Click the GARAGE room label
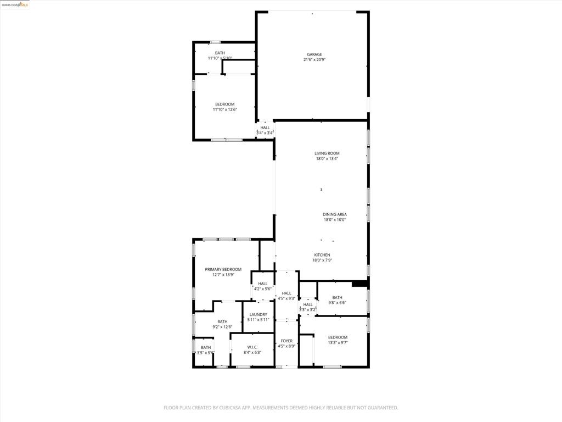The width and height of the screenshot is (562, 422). (x=314, y=54)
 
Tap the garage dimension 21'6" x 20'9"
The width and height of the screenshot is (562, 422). (x=314, y=60)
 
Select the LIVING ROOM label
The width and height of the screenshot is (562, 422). (x=327, y=153)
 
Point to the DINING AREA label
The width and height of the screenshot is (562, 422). (x=334, y=214)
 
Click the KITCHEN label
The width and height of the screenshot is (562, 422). (x=322, y=255)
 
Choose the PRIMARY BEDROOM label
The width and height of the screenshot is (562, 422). (x=223, y=269)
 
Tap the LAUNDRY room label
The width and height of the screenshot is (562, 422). (x=258, y=315)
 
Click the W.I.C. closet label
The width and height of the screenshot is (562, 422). (x=252, y=347)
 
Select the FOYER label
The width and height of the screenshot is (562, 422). (x=286, y=341)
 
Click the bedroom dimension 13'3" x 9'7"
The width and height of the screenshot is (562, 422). (x=338, y=343)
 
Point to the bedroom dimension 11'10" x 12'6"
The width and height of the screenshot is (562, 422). (x=224, y=110)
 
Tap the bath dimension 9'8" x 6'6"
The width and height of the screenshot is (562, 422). (x=337, y=303)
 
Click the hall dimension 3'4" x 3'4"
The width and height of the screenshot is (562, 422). (x=265, y=133)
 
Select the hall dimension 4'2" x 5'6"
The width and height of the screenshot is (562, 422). (x=262, y=289)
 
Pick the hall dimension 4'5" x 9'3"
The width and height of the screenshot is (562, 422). (x=286, y=298)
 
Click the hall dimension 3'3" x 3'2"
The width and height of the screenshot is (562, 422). (x=307, y=309)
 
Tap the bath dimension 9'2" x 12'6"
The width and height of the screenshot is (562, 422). (x=222, y=327)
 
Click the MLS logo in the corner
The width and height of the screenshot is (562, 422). (x=24, y=5)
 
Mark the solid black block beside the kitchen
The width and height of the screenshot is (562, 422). (x=359, y=284)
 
